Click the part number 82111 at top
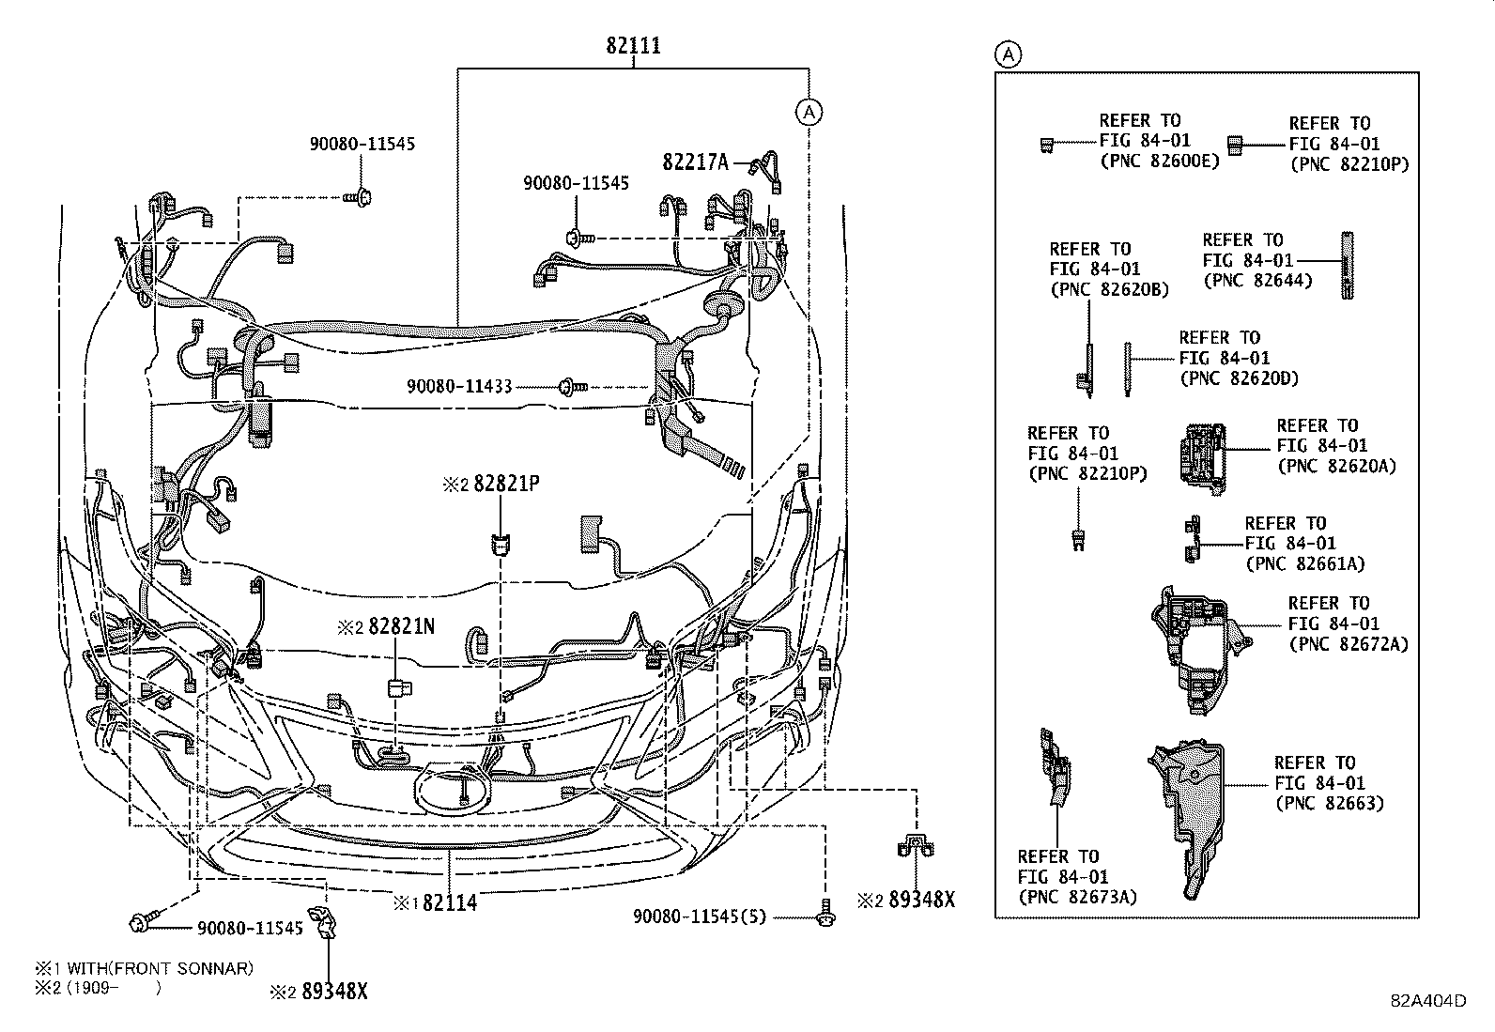click(633, 45)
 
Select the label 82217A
click(696, 162)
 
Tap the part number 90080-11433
click(459, 387)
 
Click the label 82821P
click(506, 485)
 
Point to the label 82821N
click(401, 626)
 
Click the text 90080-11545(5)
click(713, 916)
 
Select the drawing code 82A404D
click(1428, 1000)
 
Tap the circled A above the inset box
click(1008, 54)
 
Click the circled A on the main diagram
click(809, 113)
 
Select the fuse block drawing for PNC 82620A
click(1201, 457)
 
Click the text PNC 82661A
click(1304, 563)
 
